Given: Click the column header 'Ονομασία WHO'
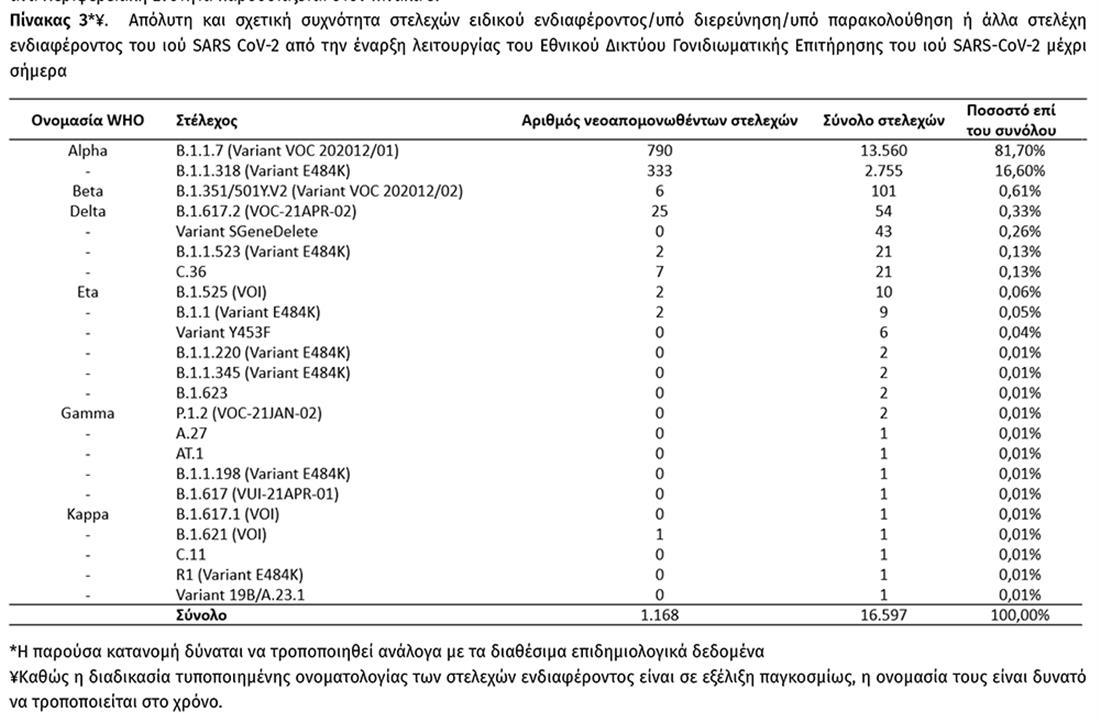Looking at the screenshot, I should [88, 121].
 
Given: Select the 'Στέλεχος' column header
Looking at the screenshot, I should [206, 121].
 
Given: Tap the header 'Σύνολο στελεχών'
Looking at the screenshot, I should [883, 121].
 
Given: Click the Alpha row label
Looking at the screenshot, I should [88, 151].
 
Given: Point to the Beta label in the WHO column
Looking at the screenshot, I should [88, 191].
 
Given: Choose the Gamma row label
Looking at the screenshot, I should [88, 413].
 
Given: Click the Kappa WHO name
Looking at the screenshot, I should [88, 514].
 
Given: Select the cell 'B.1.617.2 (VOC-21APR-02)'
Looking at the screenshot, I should [265, 211].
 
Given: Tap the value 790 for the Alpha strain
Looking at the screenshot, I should [659, 151].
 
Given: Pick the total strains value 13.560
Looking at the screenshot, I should [883, 151].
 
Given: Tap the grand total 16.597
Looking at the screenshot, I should [883, 616].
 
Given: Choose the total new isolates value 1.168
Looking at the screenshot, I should [659, 616].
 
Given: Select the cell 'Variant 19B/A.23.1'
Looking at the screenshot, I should [239, 595].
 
